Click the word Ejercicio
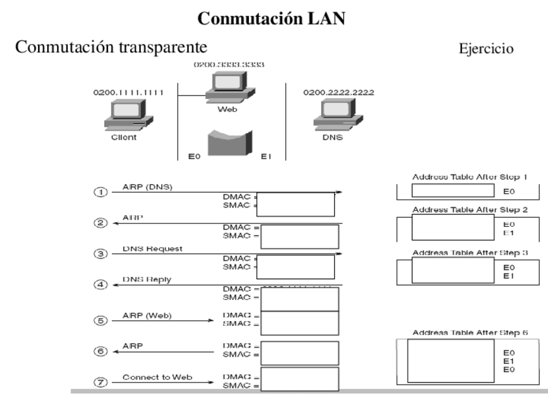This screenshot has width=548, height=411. coord(486,49)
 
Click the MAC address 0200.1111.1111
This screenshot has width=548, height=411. coord(129,92)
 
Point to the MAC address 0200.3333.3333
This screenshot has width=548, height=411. coord(229,65)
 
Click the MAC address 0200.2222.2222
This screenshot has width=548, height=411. coord(339,92)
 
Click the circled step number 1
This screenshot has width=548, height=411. coord(100,193)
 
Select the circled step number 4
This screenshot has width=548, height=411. coord(100,285)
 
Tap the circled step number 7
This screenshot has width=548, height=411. coord(100,381)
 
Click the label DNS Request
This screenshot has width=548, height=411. coord(153,249)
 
